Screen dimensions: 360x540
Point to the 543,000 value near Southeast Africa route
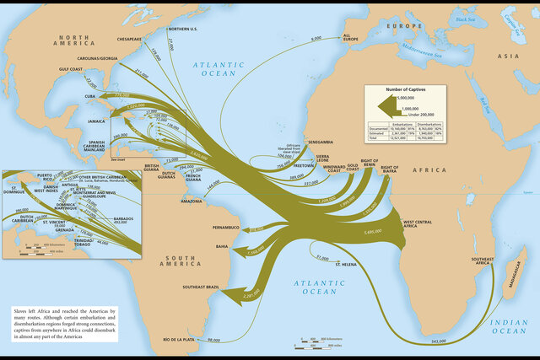click(437, 341)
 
